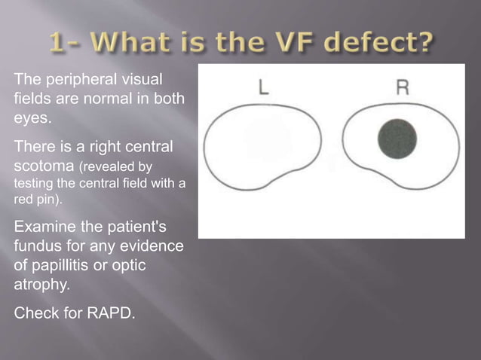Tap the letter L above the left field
(263, 87)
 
